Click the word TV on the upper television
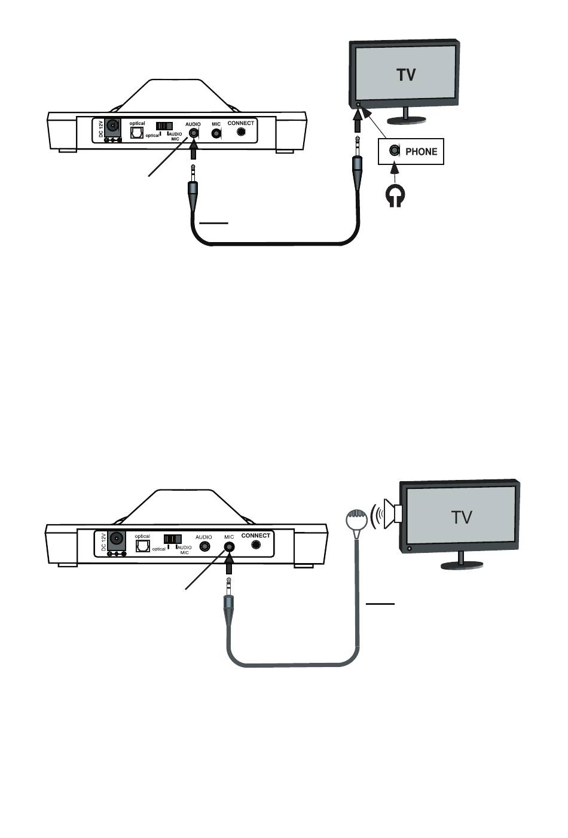407,75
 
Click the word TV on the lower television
462,517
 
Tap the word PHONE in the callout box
421,152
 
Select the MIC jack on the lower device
228,546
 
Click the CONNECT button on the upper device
242,131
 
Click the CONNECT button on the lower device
256,545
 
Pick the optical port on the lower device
142,546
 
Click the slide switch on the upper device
164,126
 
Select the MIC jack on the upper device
217,133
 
